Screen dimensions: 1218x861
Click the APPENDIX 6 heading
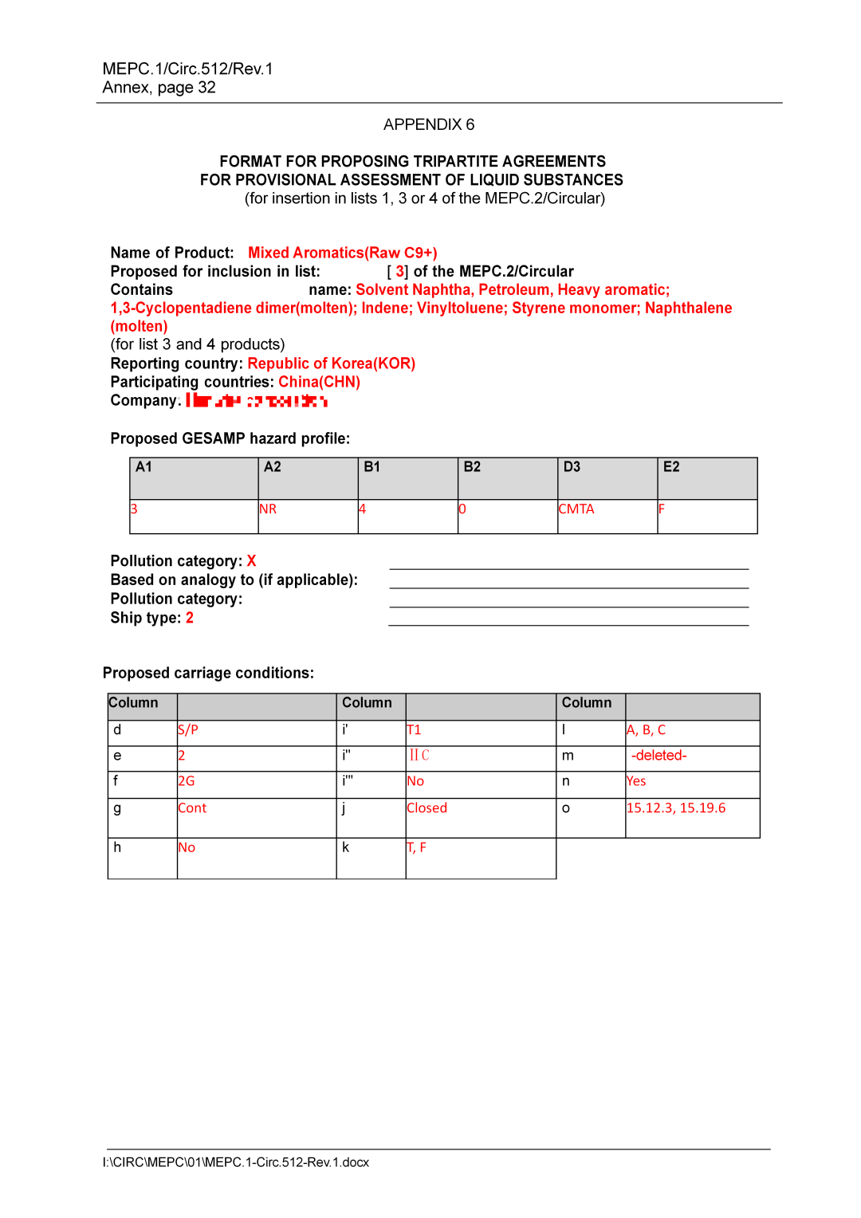point(428,124)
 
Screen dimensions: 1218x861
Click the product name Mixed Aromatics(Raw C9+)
point(342,253)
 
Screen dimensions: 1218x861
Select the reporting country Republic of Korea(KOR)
point(331,363)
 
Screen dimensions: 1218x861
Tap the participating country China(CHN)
point(319,382)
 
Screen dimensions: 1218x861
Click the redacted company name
point(257,400)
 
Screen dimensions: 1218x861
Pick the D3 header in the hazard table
point(572,467)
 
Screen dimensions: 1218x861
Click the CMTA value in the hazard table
point(576,509)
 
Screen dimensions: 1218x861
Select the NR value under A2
point(268,509)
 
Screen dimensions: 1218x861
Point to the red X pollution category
point(251,561)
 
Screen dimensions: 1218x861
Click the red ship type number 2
point(190,618)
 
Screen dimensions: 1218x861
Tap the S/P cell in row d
point(188,729)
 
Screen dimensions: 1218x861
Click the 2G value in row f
point(187,781)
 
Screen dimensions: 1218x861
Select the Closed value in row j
point(427,807)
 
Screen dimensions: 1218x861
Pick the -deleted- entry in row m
point(659,755)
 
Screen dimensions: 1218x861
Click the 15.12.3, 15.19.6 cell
point(676,807)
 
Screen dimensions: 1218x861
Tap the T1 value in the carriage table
point(414,729)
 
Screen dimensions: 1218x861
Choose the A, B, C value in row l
point(646,729)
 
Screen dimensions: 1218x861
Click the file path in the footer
point(236,1162)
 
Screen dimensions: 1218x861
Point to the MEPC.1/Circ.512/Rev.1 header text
point(187,69)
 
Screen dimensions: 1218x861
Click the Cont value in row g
point(192,807)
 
